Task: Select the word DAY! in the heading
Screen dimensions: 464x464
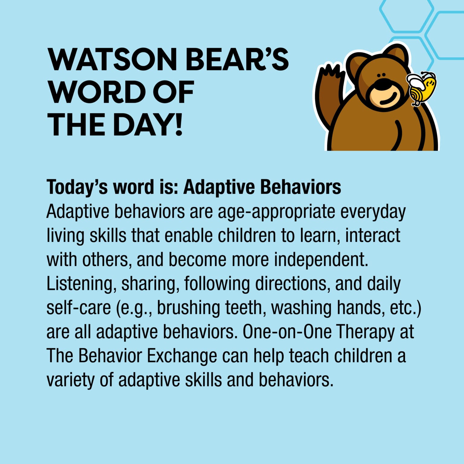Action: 148,124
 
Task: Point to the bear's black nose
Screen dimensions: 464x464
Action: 382,84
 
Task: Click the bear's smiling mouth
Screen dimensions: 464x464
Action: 388,99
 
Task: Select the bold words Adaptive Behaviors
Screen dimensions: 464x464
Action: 262,187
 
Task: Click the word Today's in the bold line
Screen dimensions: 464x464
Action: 77,187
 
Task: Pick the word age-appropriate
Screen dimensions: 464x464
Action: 276,212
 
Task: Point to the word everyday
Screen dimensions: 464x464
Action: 373,212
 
